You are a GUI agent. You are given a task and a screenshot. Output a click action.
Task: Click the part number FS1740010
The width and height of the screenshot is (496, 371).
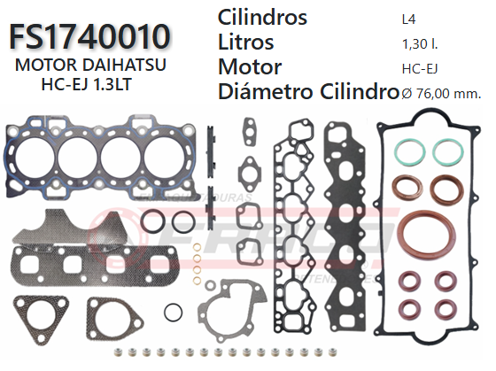click(x=89, y=36)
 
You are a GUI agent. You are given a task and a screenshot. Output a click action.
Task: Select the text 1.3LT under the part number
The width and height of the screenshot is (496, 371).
click(x=131, y=85)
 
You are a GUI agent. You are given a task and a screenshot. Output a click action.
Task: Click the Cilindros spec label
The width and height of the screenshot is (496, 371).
click(x=262, y=18)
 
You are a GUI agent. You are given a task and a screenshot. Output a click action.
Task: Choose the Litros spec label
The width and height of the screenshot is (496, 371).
click(x=245, y=42)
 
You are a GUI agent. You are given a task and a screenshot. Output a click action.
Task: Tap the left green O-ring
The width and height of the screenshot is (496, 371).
click(x=407, y=151)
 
